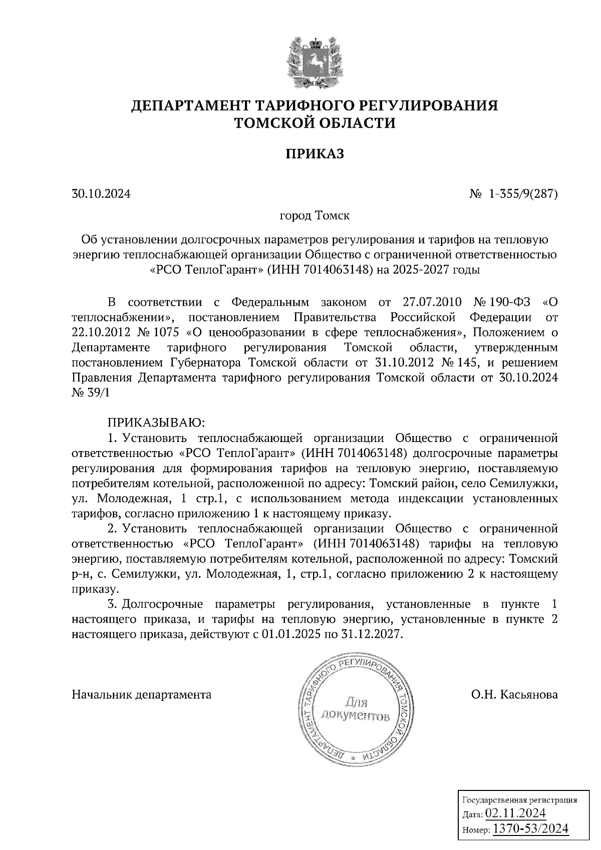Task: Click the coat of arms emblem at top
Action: (315, 62)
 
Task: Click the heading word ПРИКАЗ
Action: (315, 154)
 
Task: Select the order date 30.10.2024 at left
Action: (101, 193)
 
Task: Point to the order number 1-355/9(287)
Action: (523, 193)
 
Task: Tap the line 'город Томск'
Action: (315, 216)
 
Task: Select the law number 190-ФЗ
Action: (509, 302)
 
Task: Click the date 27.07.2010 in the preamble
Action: (432, 302)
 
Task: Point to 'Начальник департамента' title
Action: (142, 695)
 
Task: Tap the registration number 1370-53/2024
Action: (531, 828)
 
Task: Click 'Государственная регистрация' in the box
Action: (518, 799)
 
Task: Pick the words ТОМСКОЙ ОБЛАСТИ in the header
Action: (315, 122)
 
